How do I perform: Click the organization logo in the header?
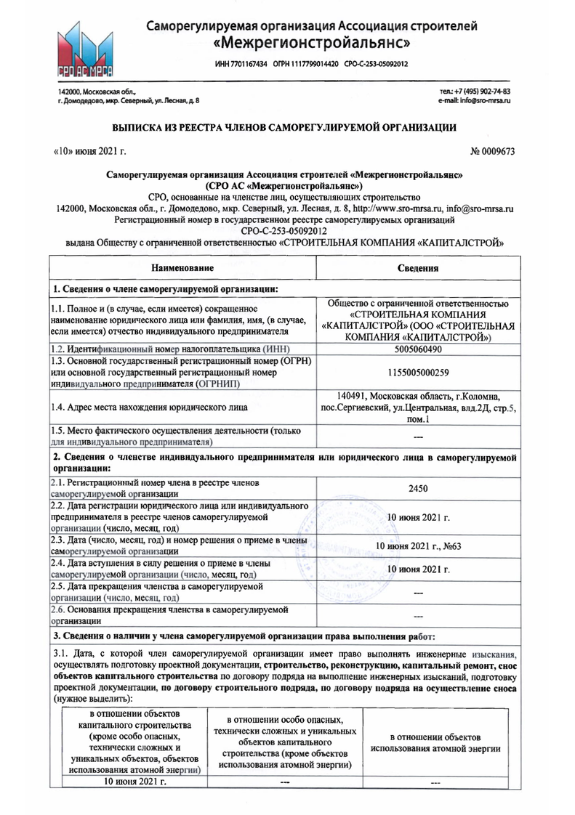click(84, 50)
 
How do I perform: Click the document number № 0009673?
click(494, 151)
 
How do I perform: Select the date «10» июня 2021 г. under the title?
click(90, 151)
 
